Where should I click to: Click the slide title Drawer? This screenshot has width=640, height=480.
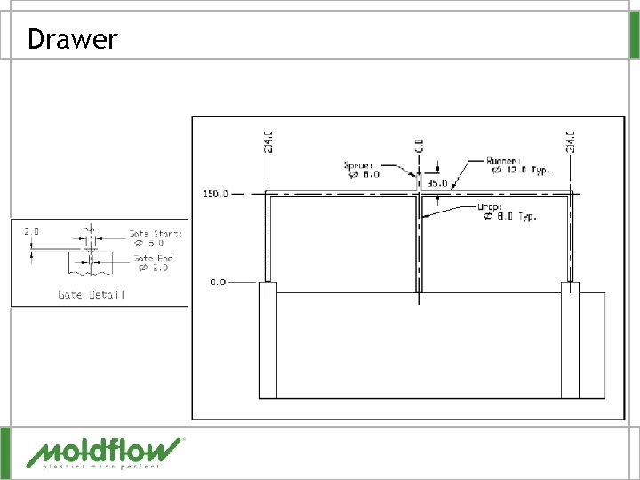click(x=72, y=39)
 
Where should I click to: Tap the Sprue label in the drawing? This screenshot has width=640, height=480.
click(x=359, y=164)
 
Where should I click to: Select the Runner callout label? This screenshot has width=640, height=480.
click(x=504, y=161)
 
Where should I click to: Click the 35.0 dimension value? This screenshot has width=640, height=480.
click(x=436, y=183)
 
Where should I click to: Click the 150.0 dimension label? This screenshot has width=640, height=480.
click(x=216, y=193)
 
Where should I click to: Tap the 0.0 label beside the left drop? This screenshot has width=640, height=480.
click(x=218, y=282)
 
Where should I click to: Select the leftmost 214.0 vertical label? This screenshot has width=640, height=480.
click(x=269, y=141)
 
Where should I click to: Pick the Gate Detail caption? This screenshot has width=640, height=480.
click(x=92, y=294)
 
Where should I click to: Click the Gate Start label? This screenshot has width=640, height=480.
click(x=156, y=234)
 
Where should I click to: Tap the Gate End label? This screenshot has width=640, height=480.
click(x=154, y=259)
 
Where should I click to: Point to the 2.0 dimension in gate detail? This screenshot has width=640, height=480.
click(x=31, y=231)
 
